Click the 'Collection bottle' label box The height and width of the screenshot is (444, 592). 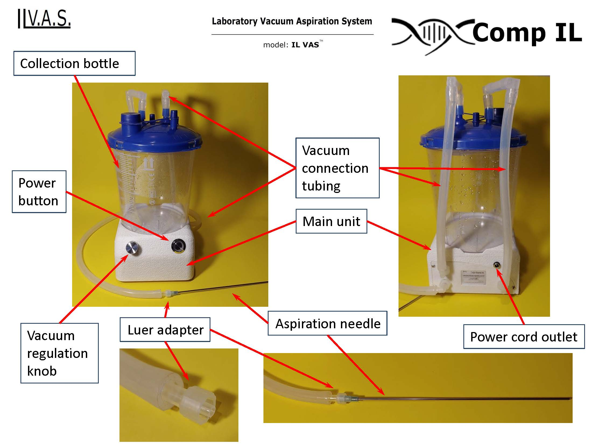tap(74, 64)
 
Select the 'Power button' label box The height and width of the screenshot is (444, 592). tap(39, 192)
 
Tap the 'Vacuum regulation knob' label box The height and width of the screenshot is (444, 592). tap(59, 353)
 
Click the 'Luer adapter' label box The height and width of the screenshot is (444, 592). tap(165, 330)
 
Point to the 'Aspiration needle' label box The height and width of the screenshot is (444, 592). tap(327, 323)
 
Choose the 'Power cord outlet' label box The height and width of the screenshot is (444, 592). tap(524, 337)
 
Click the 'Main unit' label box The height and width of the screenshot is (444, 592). tap(331, 221)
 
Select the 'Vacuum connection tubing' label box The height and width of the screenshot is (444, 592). tap(337, 168)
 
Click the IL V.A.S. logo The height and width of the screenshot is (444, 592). tap(44, 19)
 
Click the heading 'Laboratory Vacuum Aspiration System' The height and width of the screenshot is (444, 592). tap(292, 21)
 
